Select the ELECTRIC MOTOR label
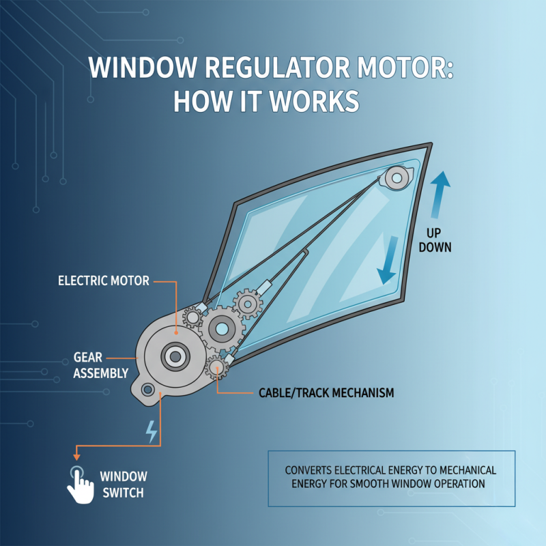[x=103, y=281]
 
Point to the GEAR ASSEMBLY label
[x=100, y=364]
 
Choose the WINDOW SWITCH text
[x=123, y=483]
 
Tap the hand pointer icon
[x=79, y=484]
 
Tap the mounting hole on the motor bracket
[x=146, y=390]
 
